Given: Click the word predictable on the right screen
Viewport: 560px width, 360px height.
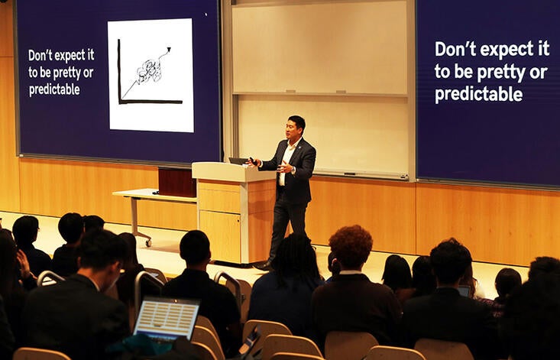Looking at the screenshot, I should [x=479, y=95].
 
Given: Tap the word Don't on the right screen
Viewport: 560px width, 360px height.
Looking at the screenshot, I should [x=456, y=49].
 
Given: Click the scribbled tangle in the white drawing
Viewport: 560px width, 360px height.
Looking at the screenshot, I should [x=149, y=71].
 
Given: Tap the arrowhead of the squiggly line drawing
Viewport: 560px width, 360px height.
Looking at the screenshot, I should [x=167, y=51].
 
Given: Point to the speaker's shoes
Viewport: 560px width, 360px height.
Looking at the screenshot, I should [x=264, y=265].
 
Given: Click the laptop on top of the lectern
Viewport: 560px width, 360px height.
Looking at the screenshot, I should [x=238, y=161].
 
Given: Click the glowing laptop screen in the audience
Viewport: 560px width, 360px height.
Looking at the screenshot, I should [x=166, y=317].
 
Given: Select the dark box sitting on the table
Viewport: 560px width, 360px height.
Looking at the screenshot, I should [x=176, y=181].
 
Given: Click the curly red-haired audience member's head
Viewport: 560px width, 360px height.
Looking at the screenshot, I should [x=351, y=246].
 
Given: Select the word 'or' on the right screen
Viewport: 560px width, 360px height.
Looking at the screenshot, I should [x=538, y=72].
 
